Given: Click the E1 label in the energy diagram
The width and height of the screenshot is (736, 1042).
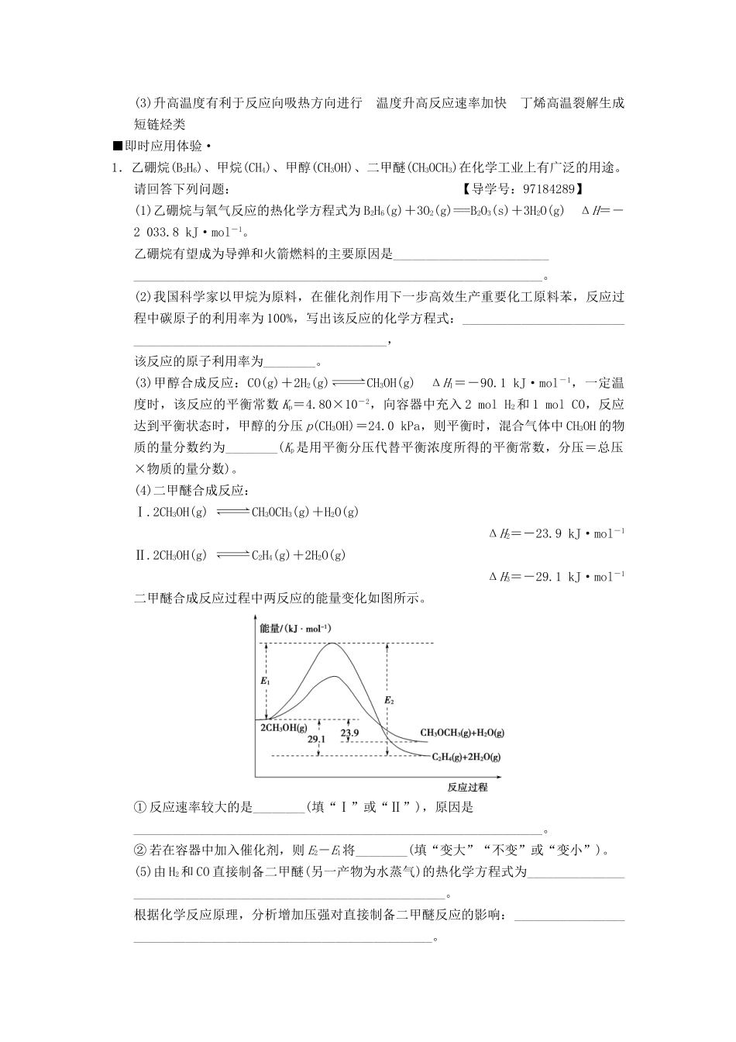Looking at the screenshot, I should [x=265, y=680].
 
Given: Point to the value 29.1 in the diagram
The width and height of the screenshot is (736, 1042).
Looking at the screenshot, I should [x=316, y=740].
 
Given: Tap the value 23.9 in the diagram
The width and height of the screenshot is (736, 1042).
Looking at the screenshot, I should [x=349, y=733].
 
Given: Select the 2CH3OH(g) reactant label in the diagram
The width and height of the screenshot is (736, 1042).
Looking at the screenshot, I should [x=283, y=727].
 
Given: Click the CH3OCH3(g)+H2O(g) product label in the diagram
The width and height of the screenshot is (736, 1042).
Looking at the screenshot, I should [x=462, y=732].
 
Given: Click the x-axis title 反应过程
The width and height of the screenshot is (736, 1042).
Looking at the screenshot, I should [x=467, y=787].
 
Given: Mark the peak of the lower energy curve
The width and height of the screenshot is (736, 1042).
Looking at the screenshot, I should [x=335, y=676].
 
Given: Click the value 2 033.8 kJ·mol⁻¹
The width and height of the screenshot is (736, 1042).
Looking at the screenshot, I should [x=188, y=231].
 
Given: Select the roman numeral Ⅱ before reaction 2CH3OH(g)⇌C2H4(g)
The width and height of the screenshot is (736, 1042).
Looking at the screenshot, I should [x=140, y=555].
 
